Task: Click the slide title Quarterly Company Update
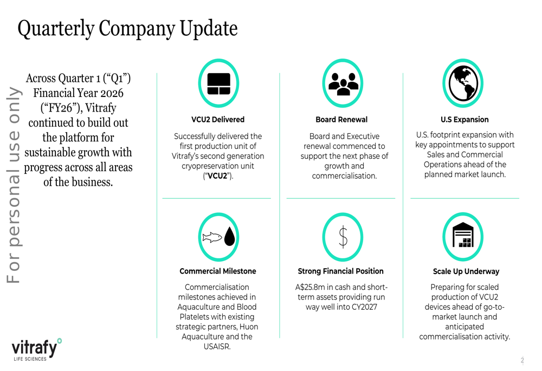point(127,28)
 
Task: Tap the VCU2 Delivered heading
point(218,120)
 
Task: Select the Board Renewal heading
point(341,120)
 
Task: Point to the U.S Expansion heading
point(464,120)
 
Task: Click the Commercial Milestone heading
point(218,271)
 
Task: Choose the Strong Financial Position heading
point(340,271)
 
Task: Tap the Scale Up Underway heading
point(466,272)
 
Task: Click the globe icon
point(462,83)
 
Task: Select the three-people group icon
point(343,83)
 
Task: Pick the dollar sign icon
point(343,237)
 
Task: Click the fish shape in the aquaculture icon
point(212,237)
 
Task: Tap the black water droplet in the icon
point(230,237)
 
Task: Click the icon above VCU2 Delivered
point(219,83)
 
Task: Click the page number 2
point(522,360)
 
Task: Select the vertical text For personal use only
point(14,184)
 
